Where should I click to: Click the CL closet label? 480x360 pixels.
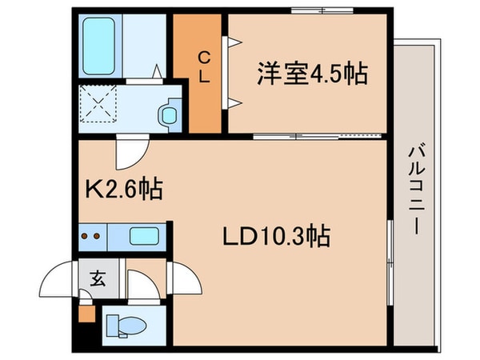[204, 66]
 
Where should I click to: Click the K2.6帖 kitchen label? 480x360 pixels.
[123, 190]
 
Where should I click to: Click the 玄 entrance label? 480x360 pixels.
[97, 279]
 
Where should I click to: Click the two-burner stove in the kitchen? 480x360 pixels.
[93, 237]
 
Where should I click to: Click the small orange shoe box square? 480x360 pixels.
[86, 312]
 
